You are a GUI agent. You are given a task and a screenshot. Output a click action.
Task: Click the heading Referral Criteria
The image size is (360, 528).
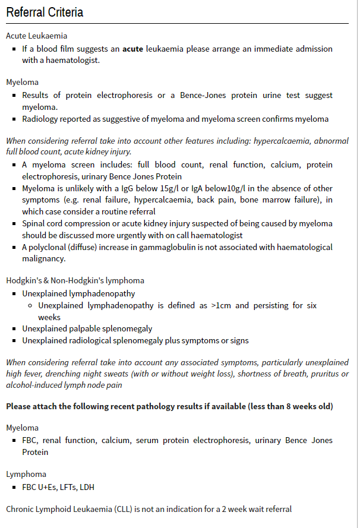click(x=45, y=12)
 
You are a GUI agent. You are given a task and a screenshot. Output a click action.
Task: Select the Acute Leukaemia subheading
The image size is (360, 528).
click(x=36, y=36)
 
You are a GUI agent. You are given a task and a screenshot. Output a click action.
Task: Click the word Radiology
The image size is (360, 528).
click(x=41, y=119)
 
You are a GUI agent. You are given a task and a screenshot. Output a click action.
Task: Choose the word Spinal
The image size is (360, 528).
click(x=34, y=224)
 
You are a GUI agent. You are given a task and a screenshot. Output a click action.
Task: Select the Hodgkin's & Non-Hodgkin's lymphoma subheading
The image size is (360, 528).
click(x=75, y=280)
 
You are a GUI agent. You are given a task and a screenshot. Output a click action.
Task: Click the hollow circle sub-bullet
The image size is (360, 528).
click(x=30, y=305)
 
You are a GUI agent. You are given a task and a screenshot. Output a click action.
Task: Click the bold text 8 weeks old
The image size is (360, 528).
click(x=307, y=406)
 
